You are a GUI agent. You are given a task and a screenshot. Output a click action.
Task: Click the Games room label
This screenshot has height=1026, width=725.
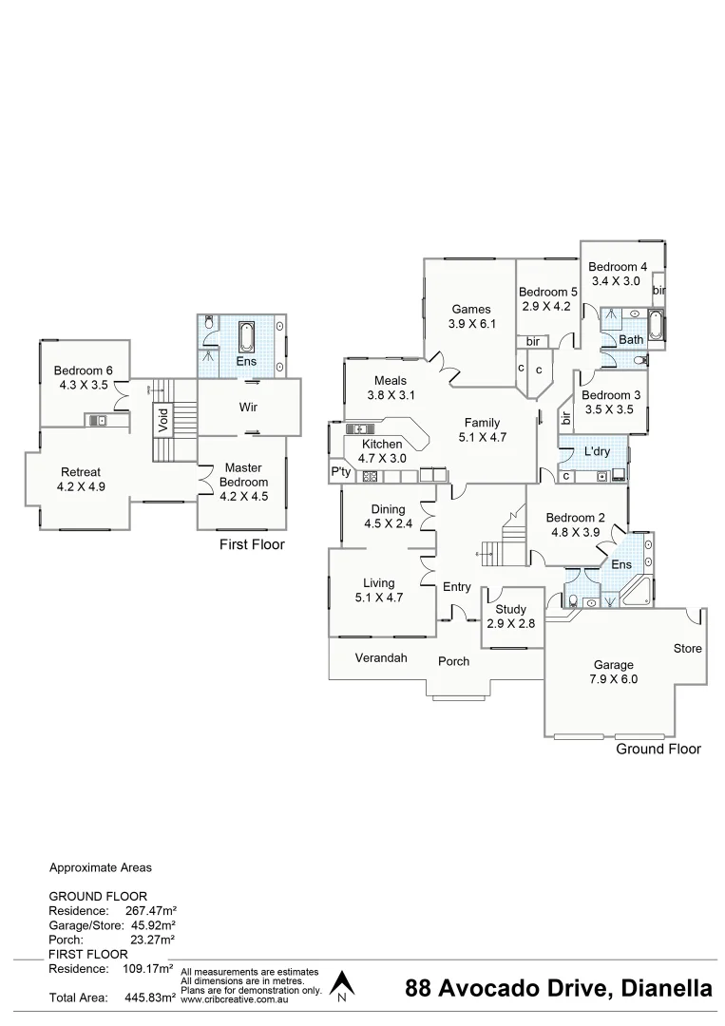point(471,309)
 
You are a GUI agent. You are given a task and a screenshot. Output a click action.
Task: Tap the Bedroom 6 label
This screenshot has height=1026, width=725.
point(83,370)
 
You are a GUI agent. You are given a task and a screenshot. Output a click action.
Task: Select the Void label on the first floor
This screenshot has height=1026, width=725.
point(162,420)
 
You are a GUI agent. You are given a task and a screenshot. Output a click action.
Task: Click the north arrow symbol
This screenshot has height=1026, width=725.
point(342,985)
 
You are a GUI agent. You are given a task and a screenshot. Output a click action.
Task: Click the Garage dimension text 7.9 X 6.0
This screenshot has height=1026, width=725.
point(613,679)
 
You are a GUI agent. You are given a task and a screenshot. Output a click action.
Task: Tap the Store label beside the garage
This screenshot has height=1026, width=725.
point(688,649)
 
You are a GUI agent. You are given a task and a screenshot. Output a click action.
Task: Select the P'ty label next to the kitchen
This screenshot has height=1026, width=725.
point(339,472)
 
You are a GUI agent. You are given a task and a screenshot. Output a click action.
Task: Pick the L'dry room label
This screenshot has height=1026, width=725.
point(597,451)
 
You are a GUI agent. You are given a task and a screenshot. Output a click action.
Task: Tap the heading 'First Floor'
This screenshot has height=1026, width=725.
point(252,545)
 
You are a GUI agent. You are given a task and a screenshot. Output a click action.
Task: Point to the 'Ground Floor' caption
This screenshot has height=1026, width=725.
point(658,750)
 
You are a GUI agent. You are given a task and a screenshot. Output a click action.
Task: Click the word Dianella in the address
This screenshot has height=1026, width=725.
point(666,989)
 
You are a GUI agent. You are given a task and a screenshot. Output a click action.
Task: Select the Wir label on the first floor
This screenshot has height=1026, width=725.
point(248,407)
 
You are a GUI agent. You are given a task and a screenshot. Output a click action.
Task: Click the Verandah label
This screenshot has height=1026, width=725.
point(381,657)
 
